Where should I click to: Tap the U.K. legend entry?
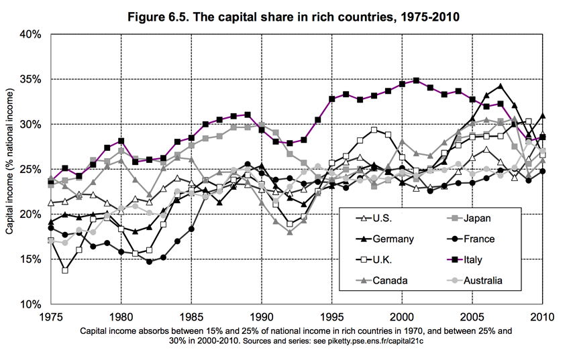click(x=377, y=259)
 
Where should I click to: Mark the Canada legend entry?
click(x=382, y=280)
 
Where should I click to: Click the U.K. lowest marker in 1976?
click(x=64, y=270)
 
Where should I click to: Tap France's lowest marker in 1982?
click(x=149, y=261)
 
